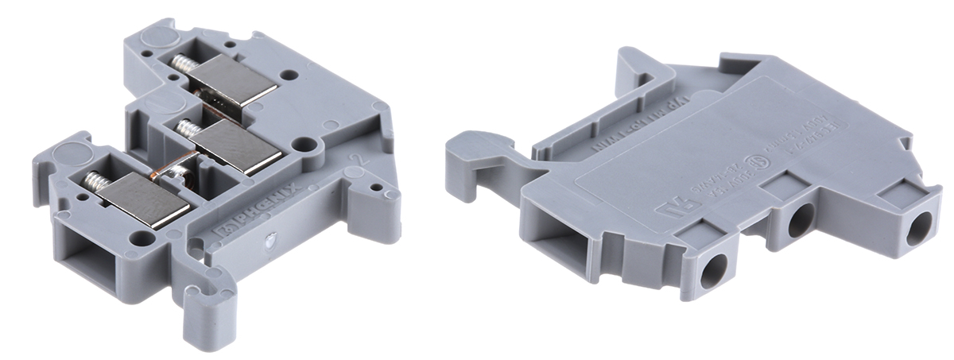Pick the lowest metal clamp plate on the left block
[x=147, y=199]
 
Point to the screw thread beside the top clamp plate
[x=181, y=62]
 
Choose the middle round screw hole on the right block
[x=800, y=219]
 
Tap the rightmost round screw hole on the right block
[x=921, y=229]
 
